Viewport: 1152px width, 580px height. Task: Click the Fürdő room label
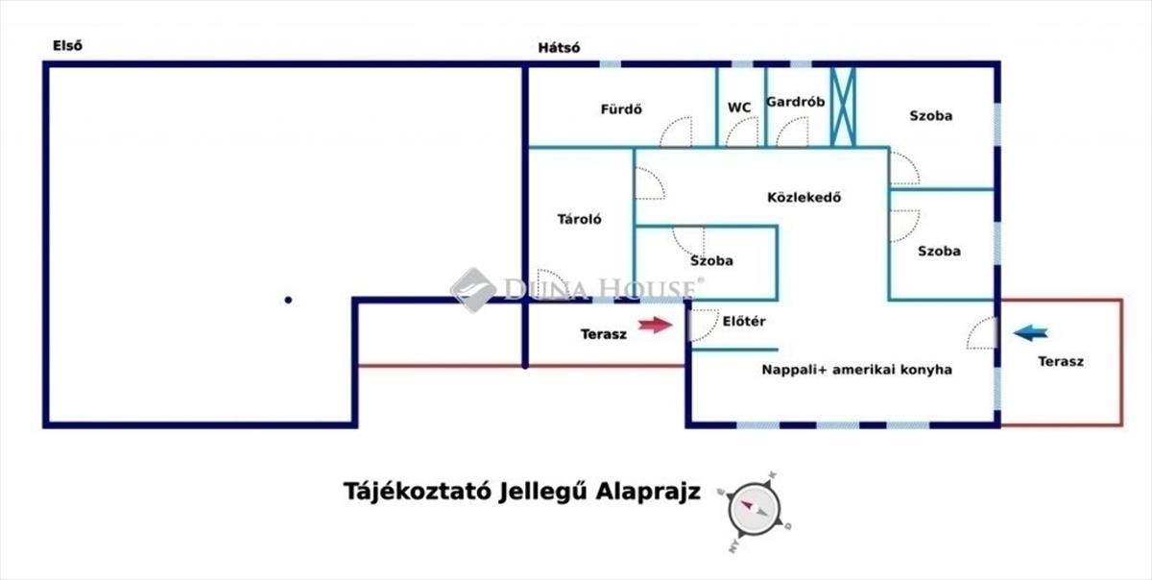(621, 109)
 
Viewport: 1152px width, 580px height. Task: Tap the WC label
(739, 108)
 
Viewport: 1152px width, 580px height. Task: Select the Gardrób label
(796, 102)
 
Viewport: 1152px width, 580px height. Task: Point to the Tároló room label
(580, 219)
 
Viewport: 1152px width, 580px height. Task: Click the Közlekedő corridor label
(804, 199)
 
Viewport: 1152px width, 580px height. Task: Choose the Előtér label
(743, 322)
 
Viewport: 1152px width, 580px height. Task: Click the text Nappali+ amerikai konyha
(857, 370)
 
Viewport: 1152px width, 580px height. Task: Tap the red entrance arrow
(656, 326)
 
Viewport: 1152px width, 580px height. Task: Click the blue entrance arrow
(1031, 333)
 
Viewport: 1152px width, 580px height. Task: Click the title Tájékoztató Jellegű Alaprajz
(522, 492)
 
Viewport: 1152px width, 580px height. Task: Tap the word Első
(67, 45)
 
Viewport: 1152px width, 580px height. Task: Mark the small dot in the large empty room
(287, 300)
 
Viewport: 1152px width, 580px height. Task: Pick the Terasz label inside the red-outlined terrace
(1061, 362)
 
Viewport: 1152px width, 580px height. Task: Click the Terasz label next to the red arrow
(604, 334)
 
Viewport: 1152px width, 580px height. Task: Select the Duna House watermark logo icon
(472, 289)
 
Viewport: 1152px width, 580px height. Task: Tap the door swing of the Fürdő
(675, 133)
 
